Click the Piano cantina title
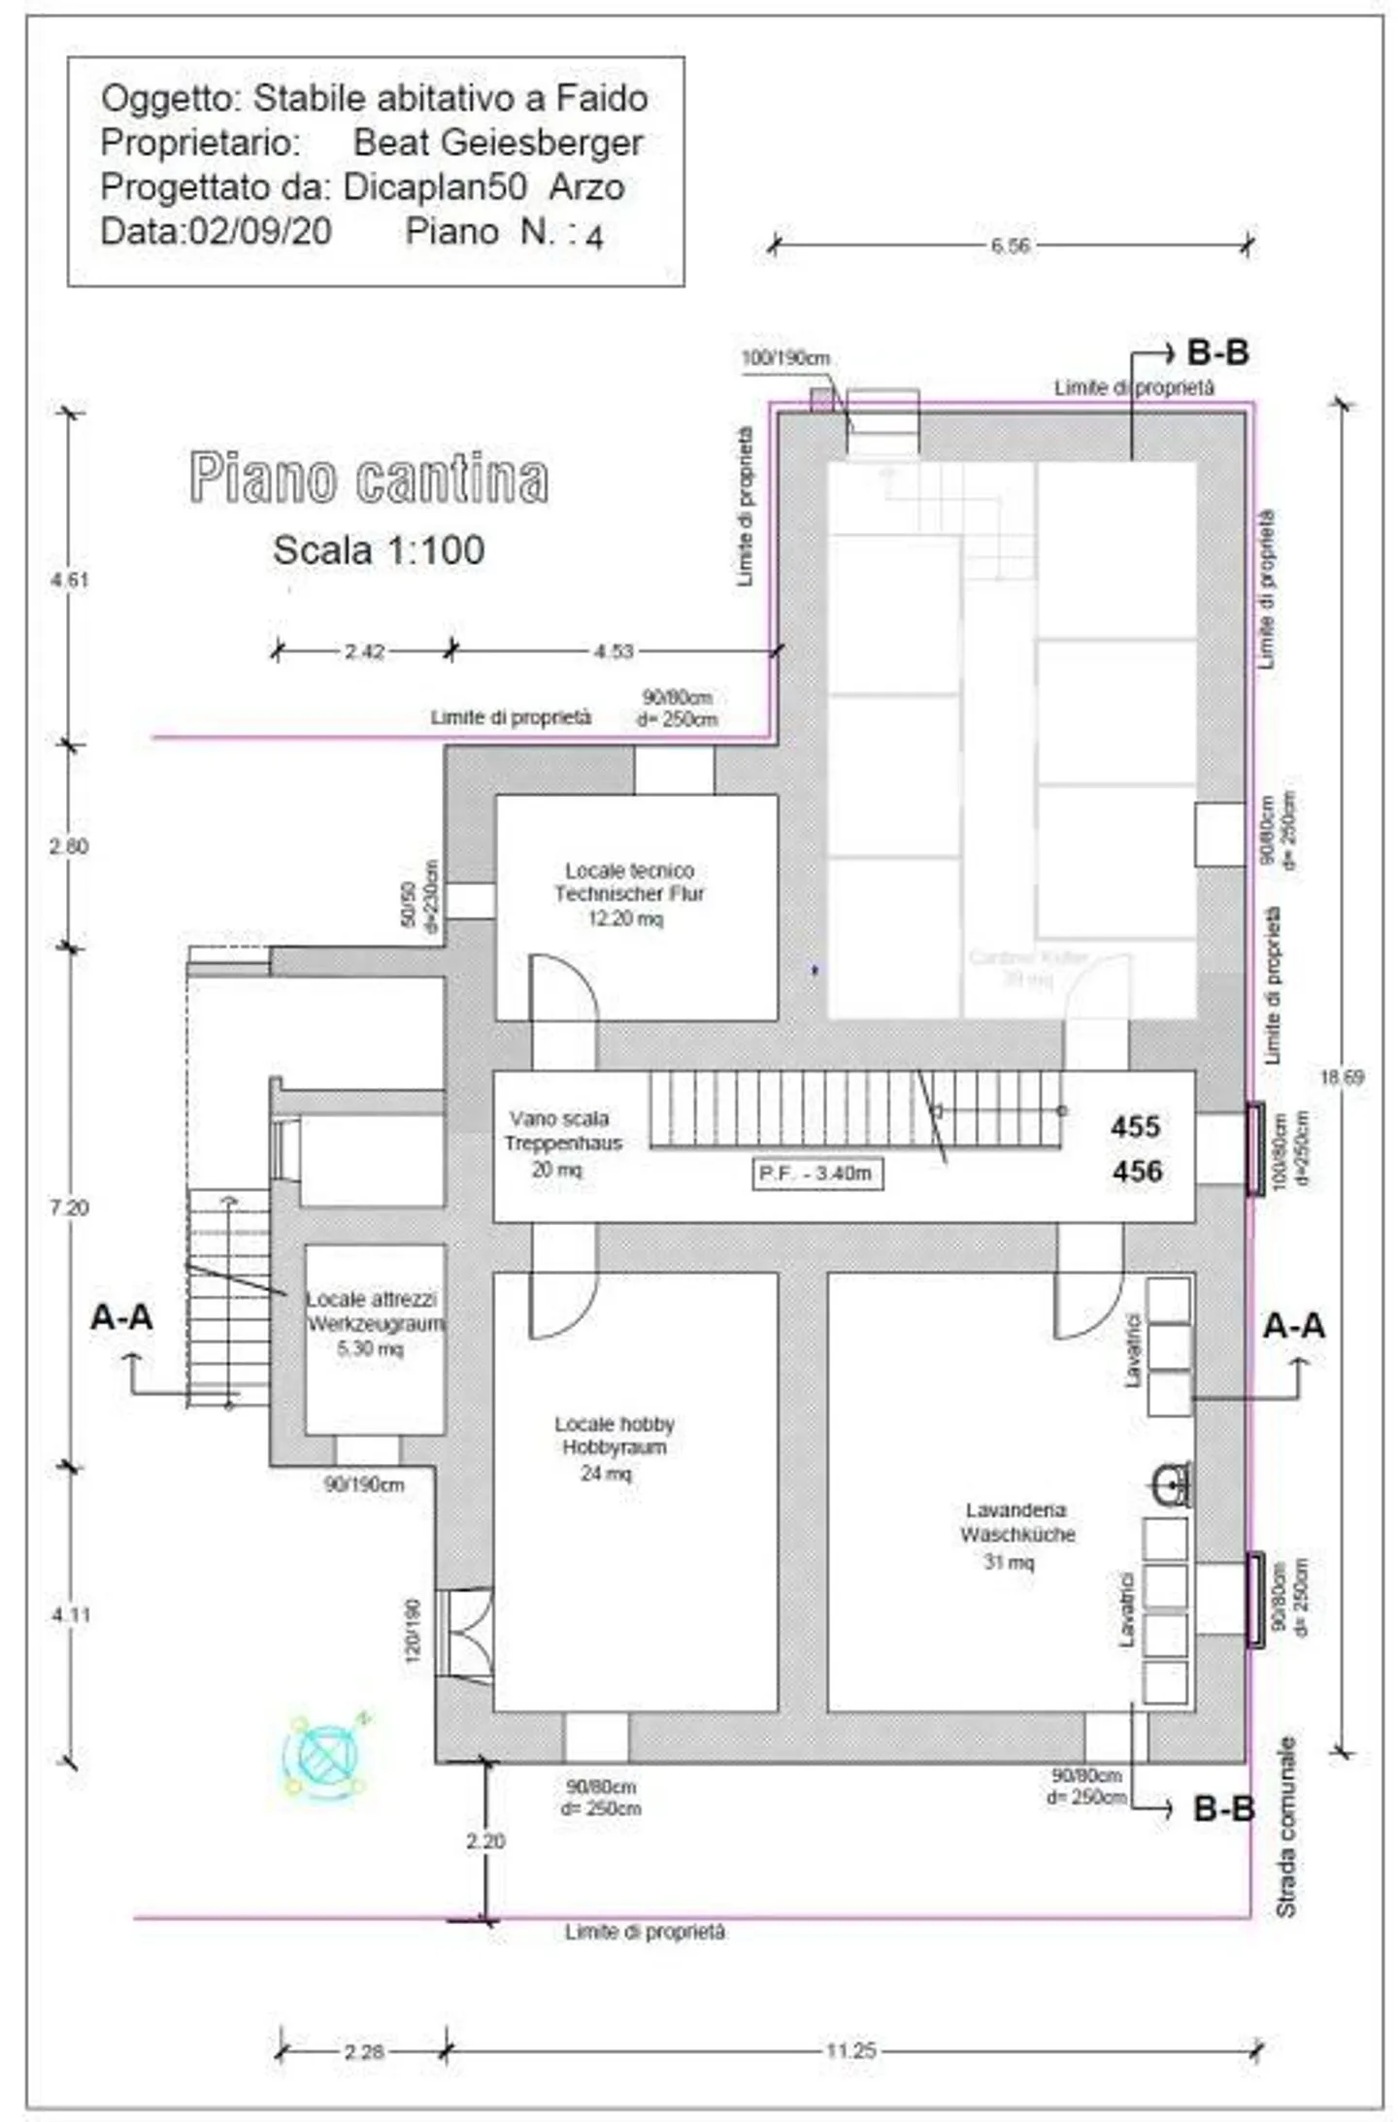point(368,478)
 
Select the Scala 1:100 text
point(378,550)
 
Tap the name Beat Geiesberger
point(497,143)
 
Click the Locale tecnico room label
point(628,882)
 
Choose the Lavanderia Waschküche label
point(1016,1522)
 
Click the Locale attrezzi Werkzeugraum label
point(374,1311)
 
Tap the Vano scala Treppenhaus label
point(561,1131)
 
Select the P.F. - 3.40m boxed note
point(816,1173)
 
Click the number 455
point(1135,1127)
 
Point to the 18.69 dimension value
point(1341,1078)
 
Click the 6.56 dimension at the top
point(1010,246)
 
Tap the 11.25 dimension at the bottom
point(850,2050)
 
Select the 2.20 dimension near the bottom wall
point(484,1840)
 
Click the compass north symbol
point(323,1757)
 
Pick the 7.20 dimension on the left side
point(69,1208)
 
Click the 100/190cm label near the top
point(784,358)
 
